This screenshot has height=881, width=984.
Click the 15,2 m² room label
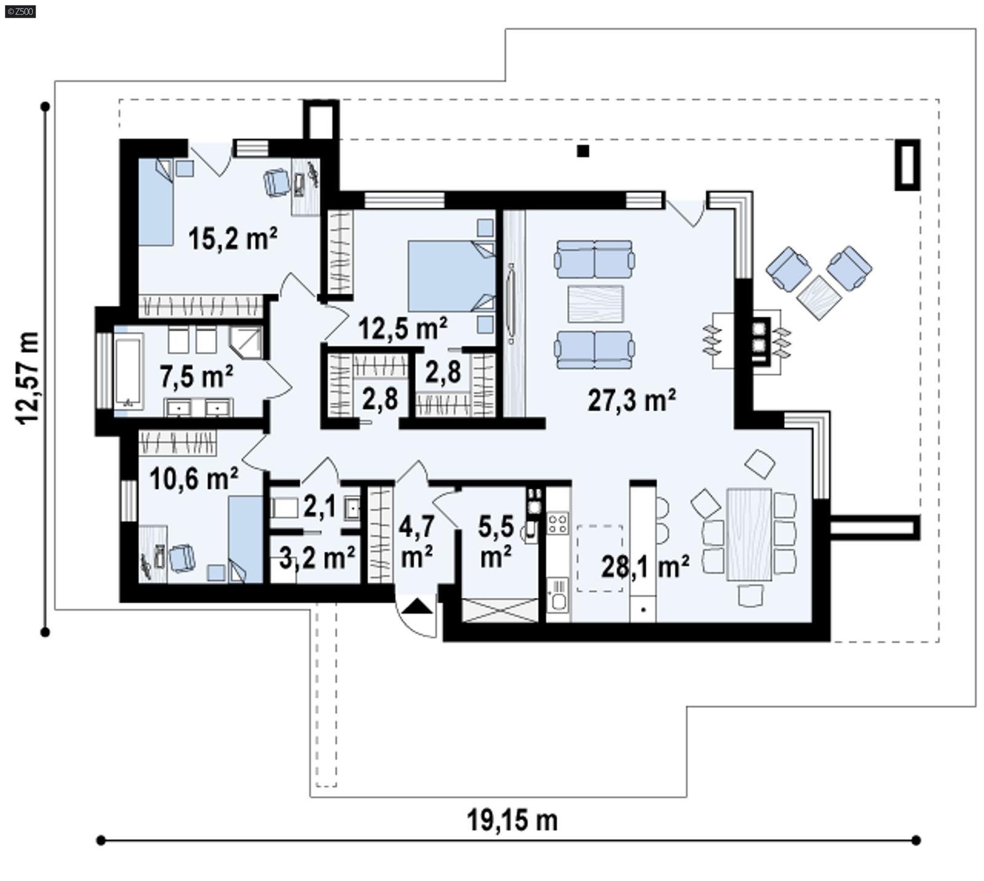pos(232,239)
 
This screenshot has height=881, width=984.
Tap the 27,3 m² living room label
pos(632,400)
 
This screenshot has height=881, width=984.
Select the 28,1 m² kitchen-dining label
pos(645,566)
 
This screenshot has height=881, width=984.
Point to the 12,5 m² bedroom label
pos(402,329)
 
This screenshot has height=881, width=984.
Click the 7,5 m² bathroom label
pos(196,376)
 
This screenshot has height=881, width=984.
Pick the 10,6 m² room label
pos(194,478)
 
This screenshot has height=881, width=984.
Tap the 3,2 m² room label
pos(317,558)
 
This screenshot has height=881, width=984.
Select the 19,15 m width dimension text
pos(512,820)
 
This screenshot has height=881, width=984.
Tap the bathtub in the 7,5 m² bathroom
pos(129,371)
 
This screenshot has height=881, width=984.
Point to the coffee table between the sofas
pos(595,304)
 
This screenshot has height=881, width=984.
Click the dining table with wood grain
pos(748,534)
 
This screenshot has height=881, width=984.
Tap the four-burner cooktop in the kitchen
pos(557,524)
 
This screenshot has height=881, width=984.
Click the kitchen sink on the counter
pos(557,595)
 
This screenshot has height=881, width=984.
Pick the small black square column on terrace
pos(583,151)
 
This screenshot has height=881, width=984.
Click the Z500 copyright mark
pos(20,11)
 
